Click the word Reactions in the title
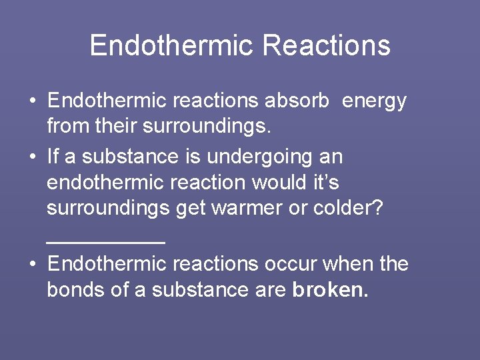click(x=326, y=45)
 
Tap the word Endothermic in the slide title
click(x=171, y=45)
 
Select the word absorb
click(x=297, y=101)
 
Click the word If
click(x=54, y=157)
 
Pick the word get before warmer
click(x=191, y=208)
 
